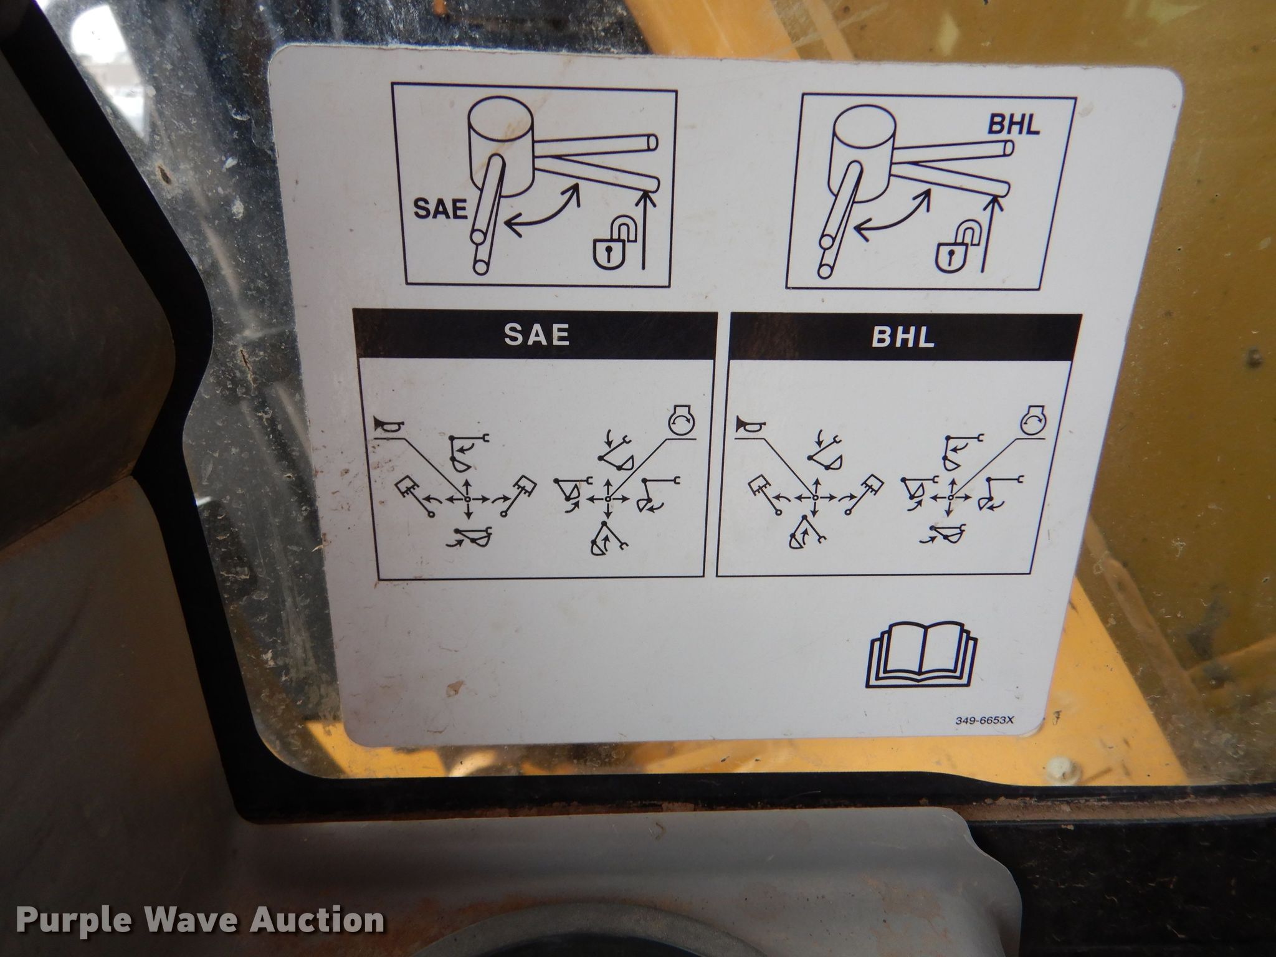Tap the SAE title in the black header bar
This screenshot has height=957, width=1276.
click(x=536, y=335)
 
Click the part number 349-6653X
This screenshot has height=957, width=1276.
click(x=989, y=721)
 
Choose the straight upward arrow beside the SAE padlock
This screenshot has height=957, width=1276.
click(x=649, y=224)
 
